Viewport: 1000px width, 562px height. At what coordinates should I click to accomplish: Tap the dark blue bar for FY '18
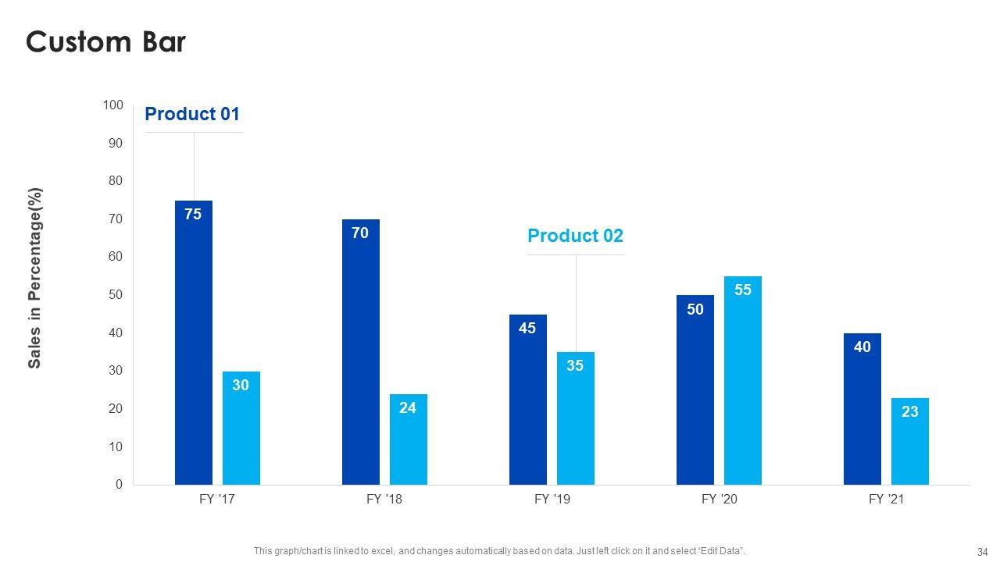click(361, 351)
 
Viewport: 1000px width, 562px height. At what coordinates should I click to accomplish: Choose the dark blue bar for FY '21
click(862, 409)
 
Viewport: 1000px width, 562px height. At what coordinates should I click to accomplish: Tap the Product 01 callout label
click(192, 114)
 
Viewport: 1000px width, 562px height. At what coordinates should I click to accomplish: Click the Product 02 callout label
click(576, 236)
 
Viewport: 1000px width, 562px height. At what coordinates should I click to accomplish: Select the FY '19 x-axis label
click(552, 500)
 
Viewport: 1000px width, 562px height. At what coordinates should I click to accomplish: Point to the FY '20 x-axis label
click(720, 500)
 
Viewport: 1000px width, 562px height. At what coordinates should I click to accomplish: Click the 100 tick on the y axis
click(112, 105)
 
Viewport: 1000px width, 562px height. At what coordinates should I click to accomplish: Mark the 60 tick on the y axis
click(116, 257)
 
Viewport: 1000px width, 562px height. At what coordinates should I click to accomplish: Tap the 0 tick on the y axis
click(119, 485)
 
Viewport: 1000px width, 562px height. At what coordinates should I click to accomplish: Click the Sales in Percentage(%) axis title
click(35, 278)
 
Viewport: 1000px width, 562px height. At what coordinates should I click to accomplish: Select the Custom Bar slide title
click(105, 41)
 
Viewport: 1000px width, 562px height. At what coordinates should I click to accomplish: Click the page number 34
click(983, 551)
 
